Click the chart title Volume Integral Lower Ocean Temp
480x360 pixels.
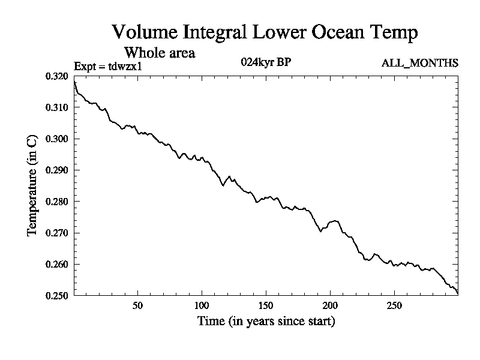click(x=264, y=32)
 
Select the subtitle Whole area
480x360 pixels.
click(x=159, y=53)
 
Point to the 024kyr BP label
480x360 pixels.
click(x=266, y=62)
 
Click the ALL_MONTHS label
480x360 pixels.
click(x=420, y=62)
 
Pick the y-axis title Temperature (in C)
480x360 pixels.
click(x=33, y=186)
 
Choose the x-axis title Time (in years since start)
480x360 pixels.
click(x=266, y=322)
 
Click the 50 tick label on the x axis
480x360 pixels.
click(x=137, y=305)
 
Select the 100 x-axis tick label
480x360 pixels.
click(x=202, y=305)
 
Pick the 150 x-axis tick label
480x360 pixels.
click(x=266, y=305)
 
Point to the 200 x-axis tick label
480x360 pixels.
click(x=330, y=305)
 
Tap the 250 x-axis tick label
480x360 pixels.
click(x=394, y=305)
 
